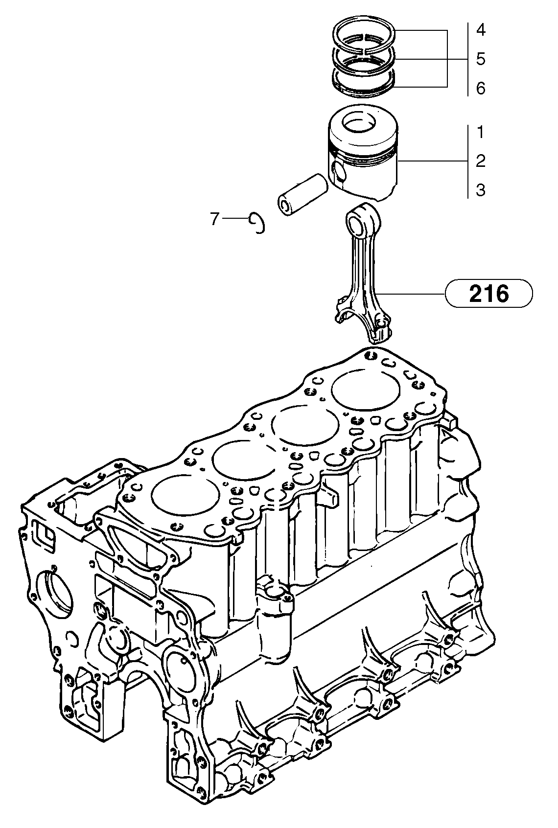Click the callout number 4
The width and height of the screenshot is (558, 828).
coord(480,30)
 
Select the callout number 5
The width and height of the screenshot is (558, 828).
coord(480,59)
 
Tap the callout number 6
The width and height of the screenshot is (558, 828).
coord(480,89)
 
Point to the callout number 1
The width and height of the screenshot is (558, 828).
coord(480,132)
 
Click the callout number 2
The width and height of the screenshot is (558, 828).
coord(480,161)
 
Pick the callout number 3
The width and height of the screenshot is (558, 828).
coord(480,190)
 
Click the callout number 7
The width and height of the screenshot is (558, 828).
coord(214,219)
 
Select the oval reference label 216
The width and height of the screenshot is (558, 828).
coord(488,294)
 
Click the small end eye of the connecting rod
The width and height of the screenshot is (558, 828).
coord(358,221)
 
